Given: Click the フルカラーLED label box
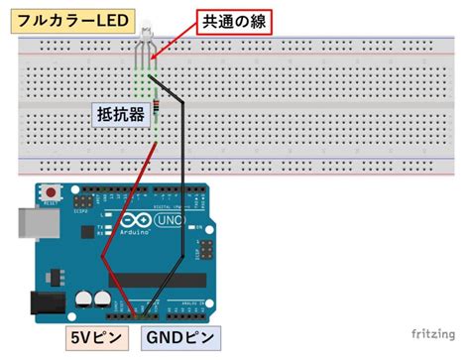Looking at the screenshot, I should [60, 20].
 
